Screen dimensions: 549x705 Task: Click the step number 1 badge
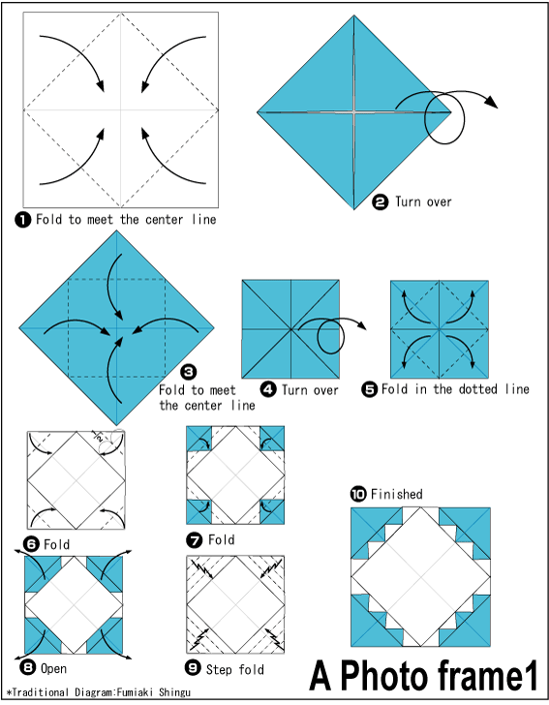click(22, 220)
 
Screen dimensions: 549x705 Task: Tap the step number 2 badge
click(380, 202)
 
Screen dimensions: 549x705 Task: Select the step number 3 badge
click(189, 372)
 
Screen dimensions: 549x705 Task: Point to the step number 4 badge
click(268, 389)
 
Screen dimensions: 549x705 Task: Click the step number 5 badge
click(369, 389)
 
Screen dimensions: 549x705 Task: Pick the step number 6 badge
click(31, 544)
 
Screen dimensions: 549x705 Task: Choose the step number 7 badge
click(195, 540)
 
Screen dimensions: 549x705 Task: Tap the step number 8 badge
click(27, 667)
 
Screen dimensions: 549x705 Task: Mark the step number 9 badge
click(193, 668)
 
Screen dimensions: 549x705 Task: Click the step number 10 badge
click(358, 495)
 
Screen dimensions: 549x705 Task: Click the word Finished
click(397, 494)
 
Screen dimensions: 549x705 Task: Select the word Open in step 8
click(53, 669)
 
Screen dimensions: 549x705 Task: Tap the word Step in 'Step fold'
click(219, 670)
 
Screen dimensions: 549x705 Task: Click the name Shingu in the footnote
click(174, 692)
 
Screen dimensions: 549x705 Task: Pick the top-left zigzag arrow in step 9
click(202, 568)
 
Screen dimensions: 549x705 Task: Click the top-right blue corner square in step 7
click(272, 439)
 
